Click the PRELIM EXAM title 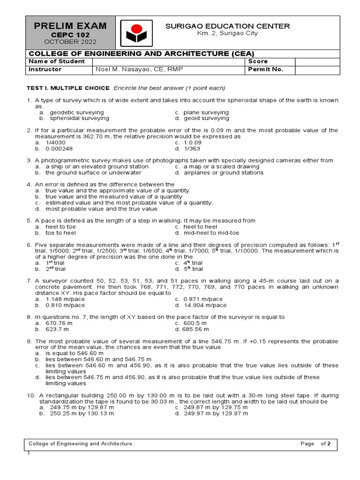(x=70, y=26)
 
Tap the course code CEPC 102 (x=70, y=35)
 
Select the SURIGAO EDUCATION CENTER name (x=227, y=26)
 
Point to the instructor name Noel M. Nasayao (x=139, y=70)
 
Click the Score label (x=258, y=61)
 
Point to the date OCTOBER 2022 (x=70, y=42)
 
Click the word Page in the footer (x=307, y=443)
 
